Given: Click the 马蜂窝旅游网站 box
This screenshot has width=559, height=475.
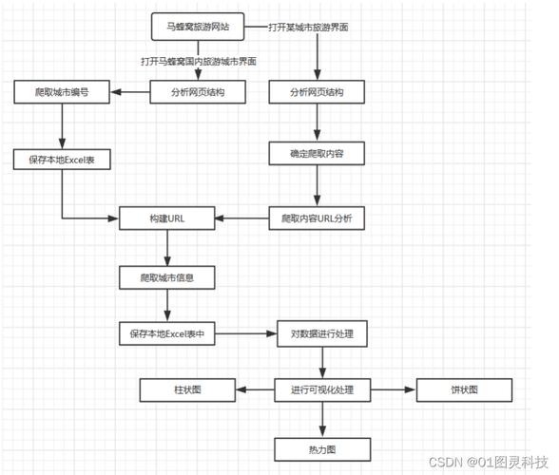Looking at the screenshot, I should tap(197, 28).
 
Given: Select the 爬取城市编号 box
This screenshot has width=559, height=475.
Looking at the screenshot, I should tap(62, 92).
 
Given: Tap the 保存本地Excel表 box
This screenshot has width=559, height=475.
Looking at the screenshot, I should tap(62, 160).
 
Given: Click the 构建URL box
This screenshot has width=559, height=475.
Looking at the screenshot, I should tap(166, 218).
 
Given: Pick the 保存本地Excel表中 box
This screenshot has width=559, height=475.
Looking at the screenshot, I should tap(167, 334).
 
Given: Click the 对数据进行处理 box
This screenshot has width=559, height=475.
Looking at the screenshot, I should tap(322, 334).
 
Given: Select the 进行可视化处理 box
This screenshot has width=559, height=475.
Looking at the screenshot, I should tap(322, 390).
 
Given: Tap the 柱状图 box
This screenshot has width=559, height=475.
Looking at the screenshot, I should tap(187, 390).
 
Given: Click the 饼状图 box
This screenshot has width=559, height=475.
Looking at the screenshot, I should tap(465, 390).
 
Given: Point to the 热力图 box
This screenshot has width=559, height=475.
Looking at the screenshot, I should tap(322, 449).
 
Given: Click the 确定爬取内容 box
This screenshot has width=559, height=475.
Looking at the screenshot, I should tap(317, 151).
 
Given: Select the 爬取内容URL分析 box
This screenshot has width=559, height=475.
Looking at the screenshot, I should tap(317, 218).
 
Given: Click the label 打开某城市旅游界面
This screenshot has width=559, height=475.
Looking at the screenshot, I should tap(307, 28).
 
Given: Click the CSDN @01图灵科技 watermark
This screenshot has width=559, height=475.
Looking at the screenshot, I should tap(489, 462).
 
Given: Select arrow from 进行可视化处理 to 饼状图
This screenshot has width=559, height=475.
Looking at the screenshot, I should tap(393, 390).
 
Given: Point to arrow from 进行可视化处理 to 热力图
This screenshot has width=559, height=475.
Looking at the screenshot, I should tap(322, 419).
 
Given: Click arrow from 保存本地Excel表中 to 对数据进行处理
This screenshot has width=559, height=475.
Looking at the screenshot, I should tap(244, 334).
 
